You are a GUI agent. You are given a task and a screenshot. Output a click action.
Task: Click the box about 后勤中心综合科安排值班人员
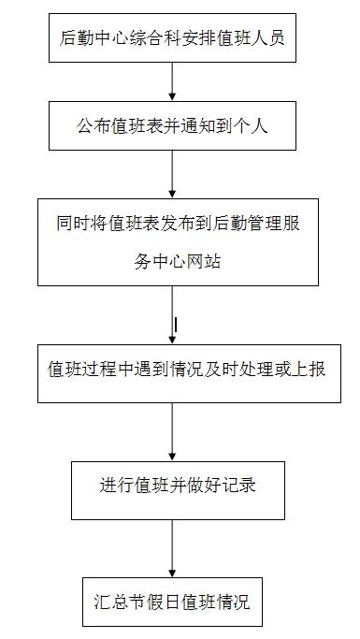tap(172, 38)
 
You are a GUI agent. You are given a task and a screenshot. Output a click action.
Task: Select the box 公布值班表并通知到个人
tap(172, 125)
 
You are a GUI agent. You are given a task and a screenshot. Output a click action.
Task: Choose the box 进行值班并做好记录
tap(178, 488)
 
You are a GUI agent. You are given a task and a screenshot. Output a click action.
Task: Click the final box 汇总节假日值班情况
tap(172, 601)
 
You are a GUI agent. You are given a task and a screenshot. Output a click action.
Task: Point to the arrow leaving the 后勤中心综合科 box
tap(172, 82)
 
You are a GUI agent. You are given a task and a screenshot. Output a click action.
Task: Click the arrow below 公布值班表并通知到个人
tap(172, 173)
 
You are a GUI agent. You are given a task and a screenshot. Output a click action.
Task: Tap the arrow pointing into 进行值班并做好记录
tap(172, 432)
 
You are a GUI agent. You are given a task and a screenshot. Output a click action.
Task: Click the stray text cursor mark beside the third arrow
tap(177, 325)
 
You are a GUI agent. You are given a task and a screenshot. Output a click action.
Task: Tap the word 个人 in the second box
tap(252, 125)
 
